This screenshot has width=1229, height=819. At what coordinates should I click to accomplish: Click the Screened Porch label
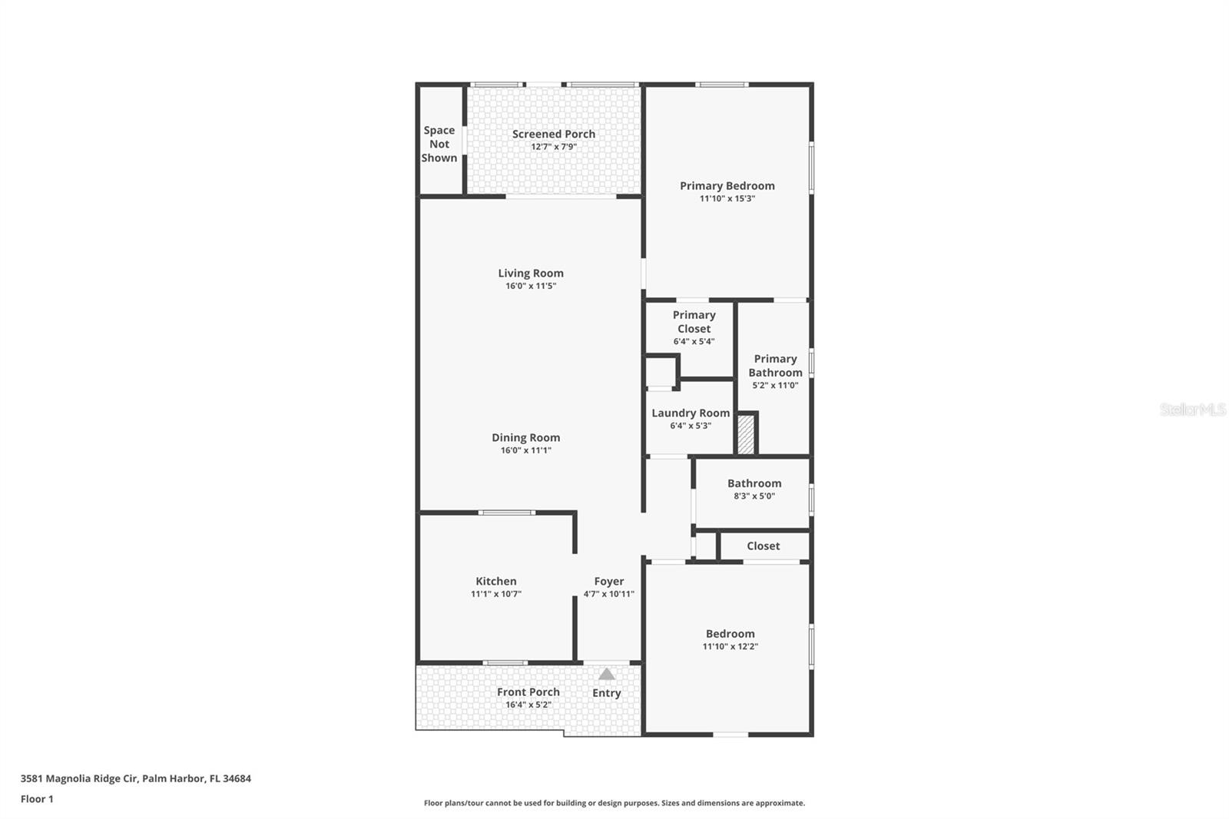pyautogui.click(x=553, y=134)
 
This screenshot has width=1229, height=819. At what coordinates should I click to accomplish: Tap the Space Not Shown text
pyautogui.click(x=439, y=144)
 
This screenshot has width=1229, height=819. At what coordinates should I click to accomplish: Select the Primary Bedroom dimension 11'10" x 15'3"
pyautogui.click(x=727, y=198)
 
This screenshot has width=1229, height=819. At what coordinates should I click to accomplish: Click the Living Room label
pyautogui.click(x=530, y=273)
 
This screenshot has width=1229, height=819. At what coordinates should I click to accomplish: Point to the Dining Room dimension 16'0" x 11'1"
pyautogui.click(x=525, y=450)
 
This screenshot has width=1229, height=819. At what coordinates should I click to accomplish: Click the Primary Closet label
pyautogui.click(x=694, y=321)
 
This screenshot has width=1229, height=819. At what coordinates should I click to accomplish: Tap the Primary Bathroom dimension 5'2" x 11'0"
pyautogui.click(x=775, y=385)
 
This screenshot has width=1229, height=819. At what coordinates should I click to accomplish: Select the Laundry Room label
pyautogui.click(x=691, y=413)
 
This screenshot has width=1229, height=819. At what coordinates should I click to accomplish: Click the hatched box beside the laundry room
pyautogui.click(x=745, y=435)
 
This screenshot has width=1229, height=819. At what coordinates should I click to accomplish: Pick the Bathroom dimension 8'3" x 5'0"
pyautogui.click(x=754, y=496)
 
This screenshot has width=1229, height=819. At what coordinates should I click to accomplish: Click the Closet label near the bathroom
pyautogui.click(x=763, y=545)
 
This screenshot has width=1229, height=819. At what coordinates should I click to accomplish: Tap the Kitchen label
pyautogui.click(x=495, y=581)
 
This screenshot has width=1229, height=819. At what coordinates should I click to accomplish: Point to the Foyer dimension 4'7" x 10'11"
pyautogui.click(x=608, y=594)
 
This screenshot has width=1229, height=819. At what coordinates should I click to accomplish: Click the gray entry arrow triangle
pyautogui.click(x=606, y=675)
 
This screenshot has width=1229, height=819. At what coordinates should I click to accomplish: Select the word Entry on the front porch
pyautogui.click(x=606, y=693)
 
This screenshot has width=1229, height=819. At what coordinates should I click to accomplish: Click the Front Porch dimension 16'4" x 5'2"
pyautogui.click(x=528, y=705)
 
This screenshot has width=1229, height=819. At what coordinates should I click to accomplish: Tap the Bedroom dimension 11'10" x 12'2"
pyautogui.click(x=730, y=646)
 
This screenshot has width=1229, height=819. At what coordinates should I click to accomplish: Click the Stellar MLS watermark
pyautogui.click(x=1192, y=409)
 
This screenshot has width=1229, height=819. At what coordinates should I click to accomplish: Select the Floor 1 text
pyautogui.click(x=37, y=799)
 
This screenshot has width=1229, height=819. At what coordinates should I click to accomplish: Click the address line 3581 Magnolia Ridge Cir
pyautogui.click(x=135, y=778)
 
